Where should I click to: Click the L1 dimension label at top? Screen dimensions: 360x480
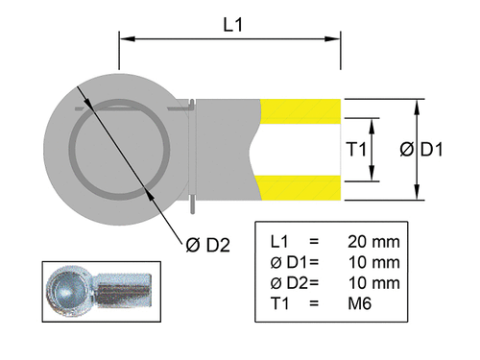(231, 24)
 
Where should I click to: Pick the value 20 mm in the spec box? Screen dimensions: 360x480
(373, 240)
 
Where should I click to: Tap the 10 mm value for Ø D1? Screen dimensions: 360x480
(373, 261)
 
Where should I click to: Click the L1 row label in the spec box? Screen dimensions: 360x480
(281, 240)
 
